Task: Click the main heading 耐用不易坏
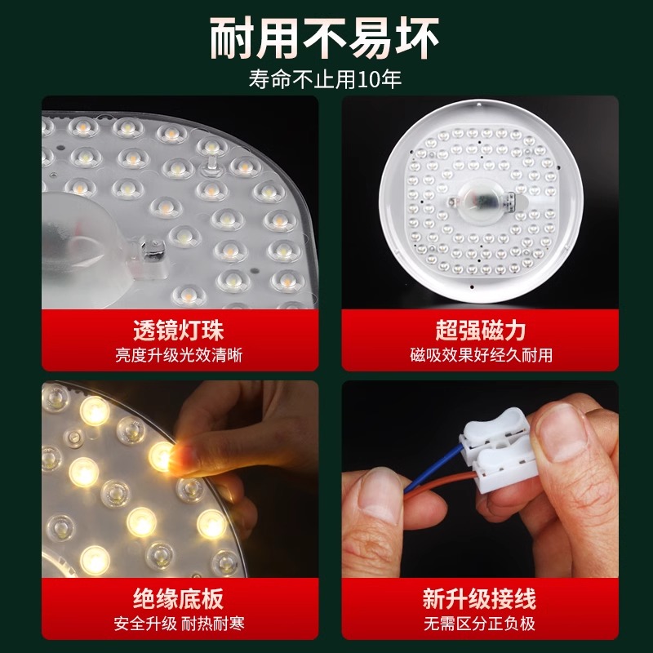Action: (x=324, y=38)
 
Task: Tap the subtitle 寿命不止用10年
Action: (x=325, y=79)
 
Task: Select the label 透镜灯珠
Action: (x=179, y=331)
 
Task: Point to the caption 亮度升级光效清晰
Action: (x=179, y=355)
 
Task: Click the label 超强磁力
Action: (x=480, y=331)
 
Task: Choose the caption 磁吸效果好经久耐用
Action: (x=481, y=355)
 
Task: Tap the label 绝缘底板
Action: (x=179, y=599)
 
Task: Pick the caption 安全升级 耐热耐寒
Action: (x=180, y=624)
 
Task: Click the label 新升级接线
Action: (x=479, y=599)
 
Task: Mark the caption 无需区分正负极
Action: (x=479, y=624)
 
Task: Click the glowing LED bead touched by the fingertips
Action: (x=161, y=456)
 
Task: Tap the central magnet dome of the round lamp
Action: (x=480, y=201)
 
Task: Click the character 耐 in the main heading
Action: (x=231, y=38)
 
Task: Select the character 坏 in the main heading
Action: (x=418, y=38)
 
